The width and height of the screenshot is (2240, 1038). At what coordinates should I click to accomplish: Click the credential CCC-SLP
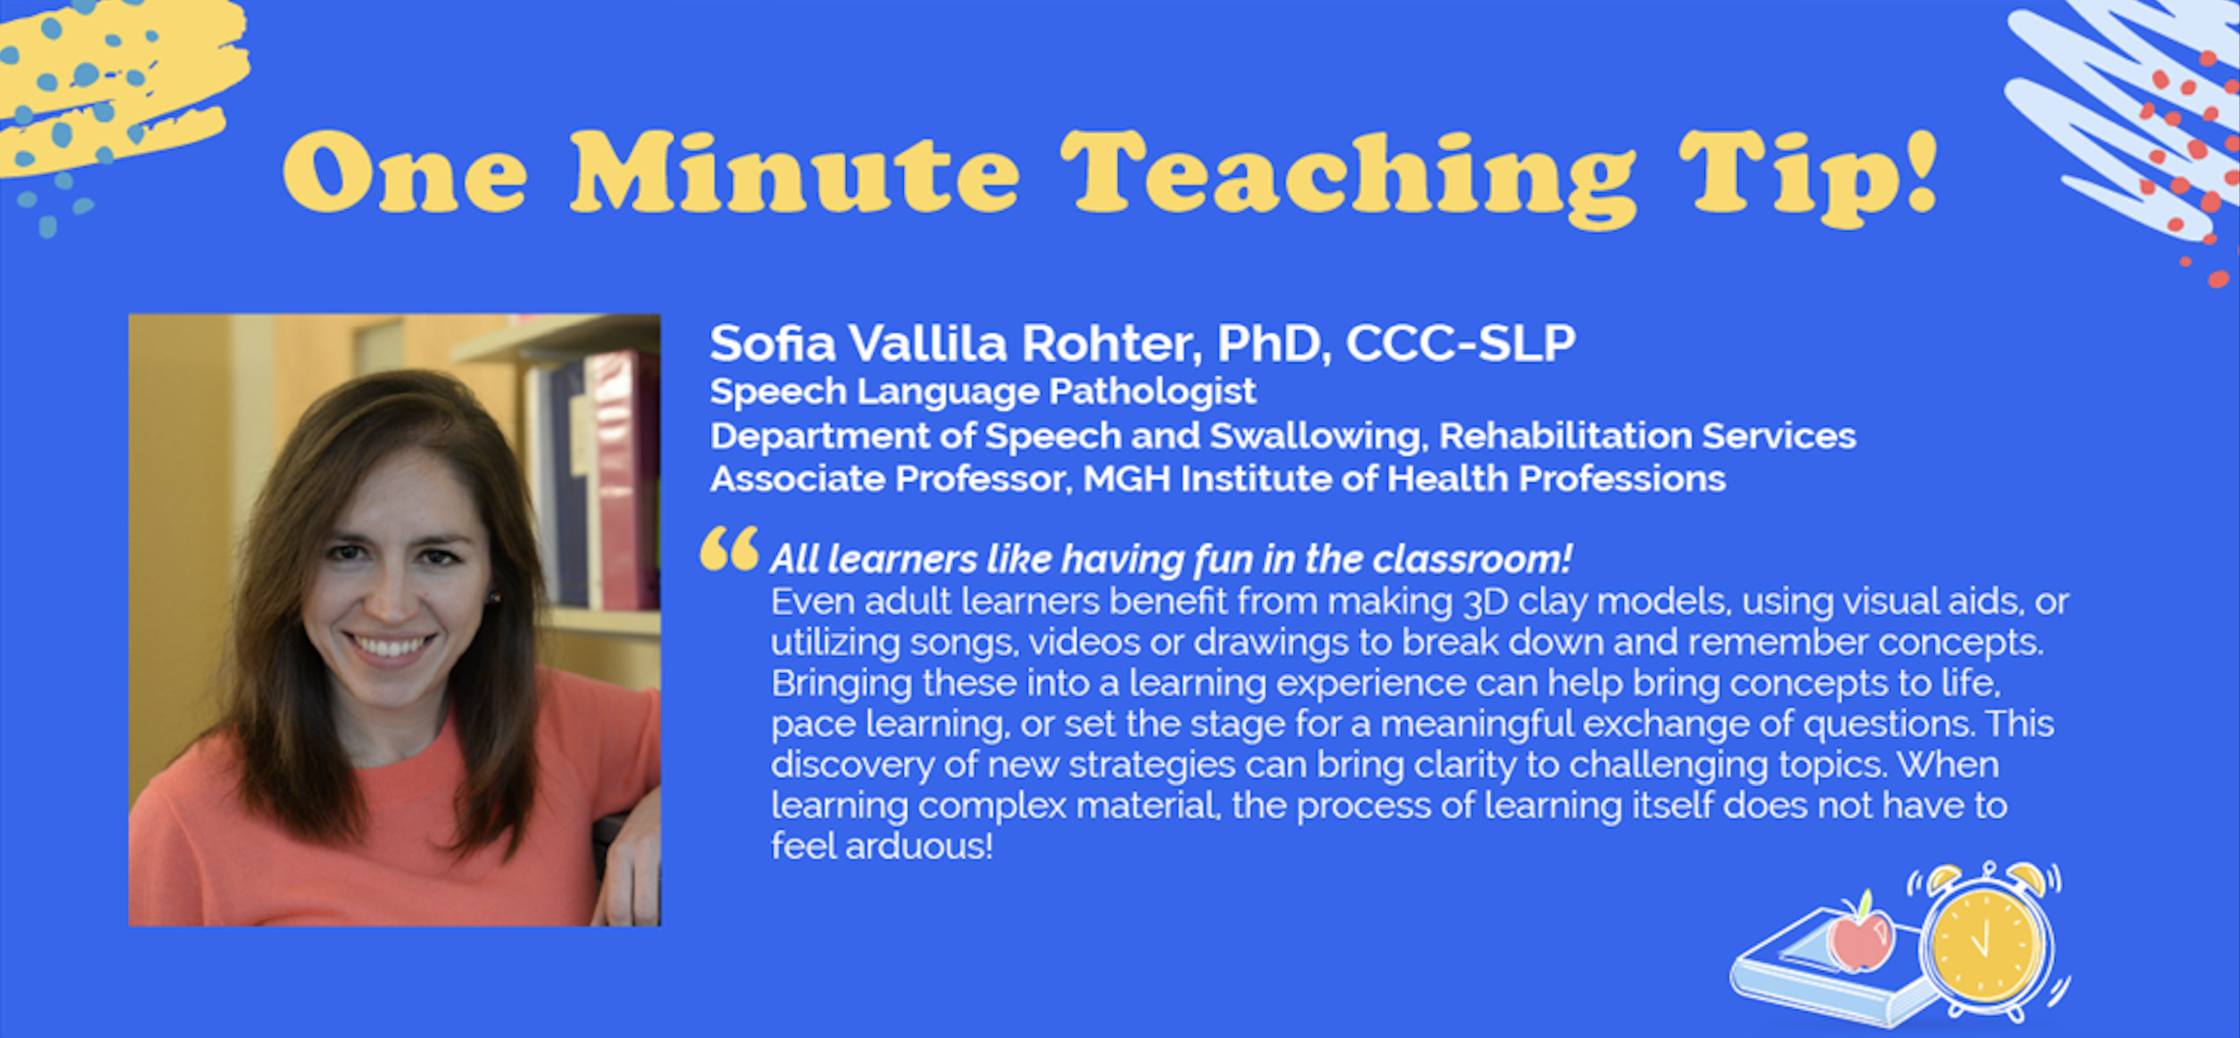click(x=1460, y=343)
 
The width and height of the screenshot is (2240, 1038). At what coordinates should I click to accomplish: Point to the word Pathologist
click(x=1152, y=392)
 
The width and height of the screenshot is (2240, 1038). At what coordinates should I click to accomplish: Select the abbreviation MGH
click(x=1126, y=480)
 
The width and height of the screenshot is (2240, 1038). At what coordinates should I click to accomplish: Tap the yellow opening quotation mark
click(x=729, y=548)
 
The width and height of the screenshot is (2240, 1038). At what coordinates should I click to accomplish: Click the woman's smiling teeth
click(x=391, y=647)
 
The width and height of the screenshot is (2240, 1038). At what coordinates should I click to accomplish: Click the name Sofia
click(x=772, y=343)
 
